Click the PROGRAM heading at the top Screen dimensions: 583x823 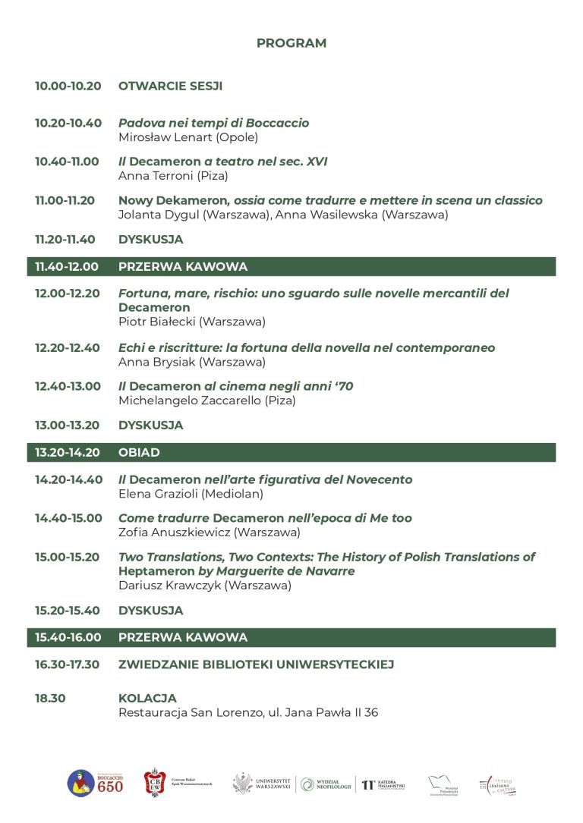click(x=291, y=43)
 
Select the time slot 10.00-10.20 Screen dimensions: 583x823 click(x=68, y=86)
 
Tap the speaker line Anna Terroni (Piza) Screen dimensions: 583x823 click(x=173, y=176)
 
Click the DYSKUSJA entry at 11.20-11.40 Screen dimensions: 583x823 click(x=150, y=240)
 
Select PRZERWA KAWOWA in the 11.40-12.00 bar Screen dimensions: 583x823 click(x=183, y=267)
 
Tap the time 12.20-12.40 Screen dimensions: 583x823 click(x=68, y=347)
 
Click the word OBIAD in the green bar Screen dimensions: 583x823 click(x=139, y=453)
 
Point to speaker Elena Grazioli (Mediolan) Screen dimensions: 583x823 click(x=191, y=494)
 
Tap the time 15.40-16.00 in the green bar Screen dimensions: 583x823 click(x=68, y=637)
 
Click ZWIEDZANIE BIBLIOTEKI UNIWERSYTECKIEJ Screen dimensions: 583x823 click(x=255, y=664)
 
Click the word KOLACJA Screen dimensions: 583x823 click(x=147, y=698)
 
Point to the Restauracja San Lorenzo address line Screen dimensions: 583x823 click(x=247, y=712)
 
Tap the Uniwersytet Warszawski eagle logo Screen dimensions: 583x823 click(x=243, y=784)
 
